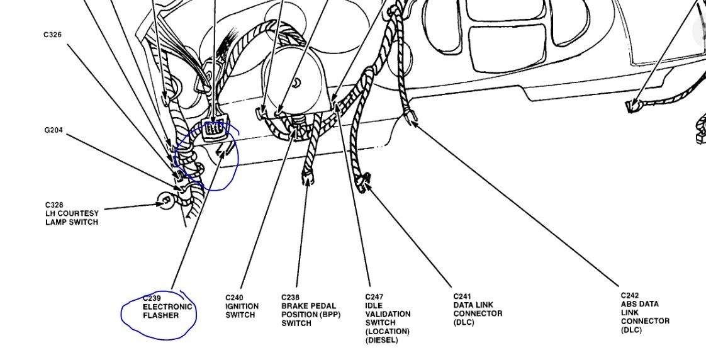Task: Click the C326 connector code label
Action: point(52,35)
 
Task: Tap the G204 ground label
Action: point(53,130)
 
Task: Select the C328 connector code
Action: point(53,205)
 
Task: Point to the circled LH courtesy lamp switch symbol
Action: point(165,201)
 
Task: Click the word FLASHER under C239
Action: point(160,315)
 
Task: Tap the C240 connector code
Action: point(234,298)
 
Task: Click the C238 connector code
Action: point(290,298)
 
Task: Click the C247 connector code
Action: point(374,296)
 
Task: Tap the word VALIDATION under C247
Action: point(388,313)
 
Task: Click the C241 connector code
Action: point(462,296)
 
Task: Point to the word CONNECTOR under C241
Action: point(478,313)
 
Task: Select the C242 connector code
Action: point(630,295)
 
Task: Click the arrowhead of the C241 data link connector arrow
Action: point(367,184)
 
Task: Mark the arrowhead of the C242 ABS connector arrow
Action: point(413,122)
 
